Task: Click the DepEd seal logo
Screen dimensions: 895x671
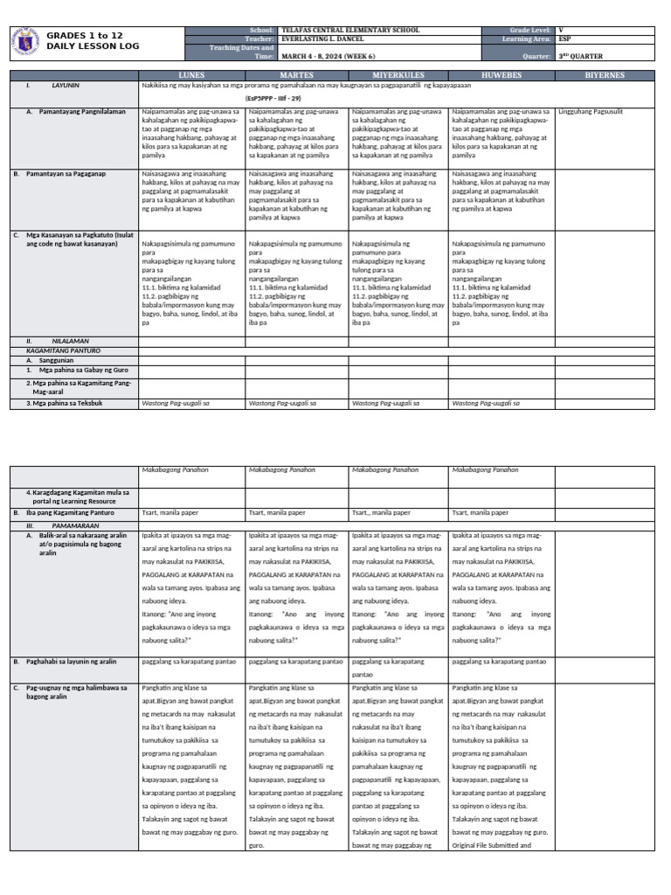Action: coord(25,40)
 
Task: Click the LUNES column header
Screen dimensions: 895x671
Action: coord(191,75)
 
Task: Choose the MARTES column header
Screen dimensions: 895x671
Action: coord(296,75)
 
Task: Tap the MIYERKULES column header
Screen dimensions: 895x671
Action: coord(398,75)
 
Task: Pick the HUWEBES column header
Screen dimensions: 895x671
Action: coord(501,75)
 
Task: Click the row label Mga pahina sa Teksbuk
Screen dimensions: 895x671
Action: coord(65,403)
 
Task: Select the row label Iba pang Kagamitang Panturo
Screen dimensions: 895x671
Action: coord(70,512)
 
